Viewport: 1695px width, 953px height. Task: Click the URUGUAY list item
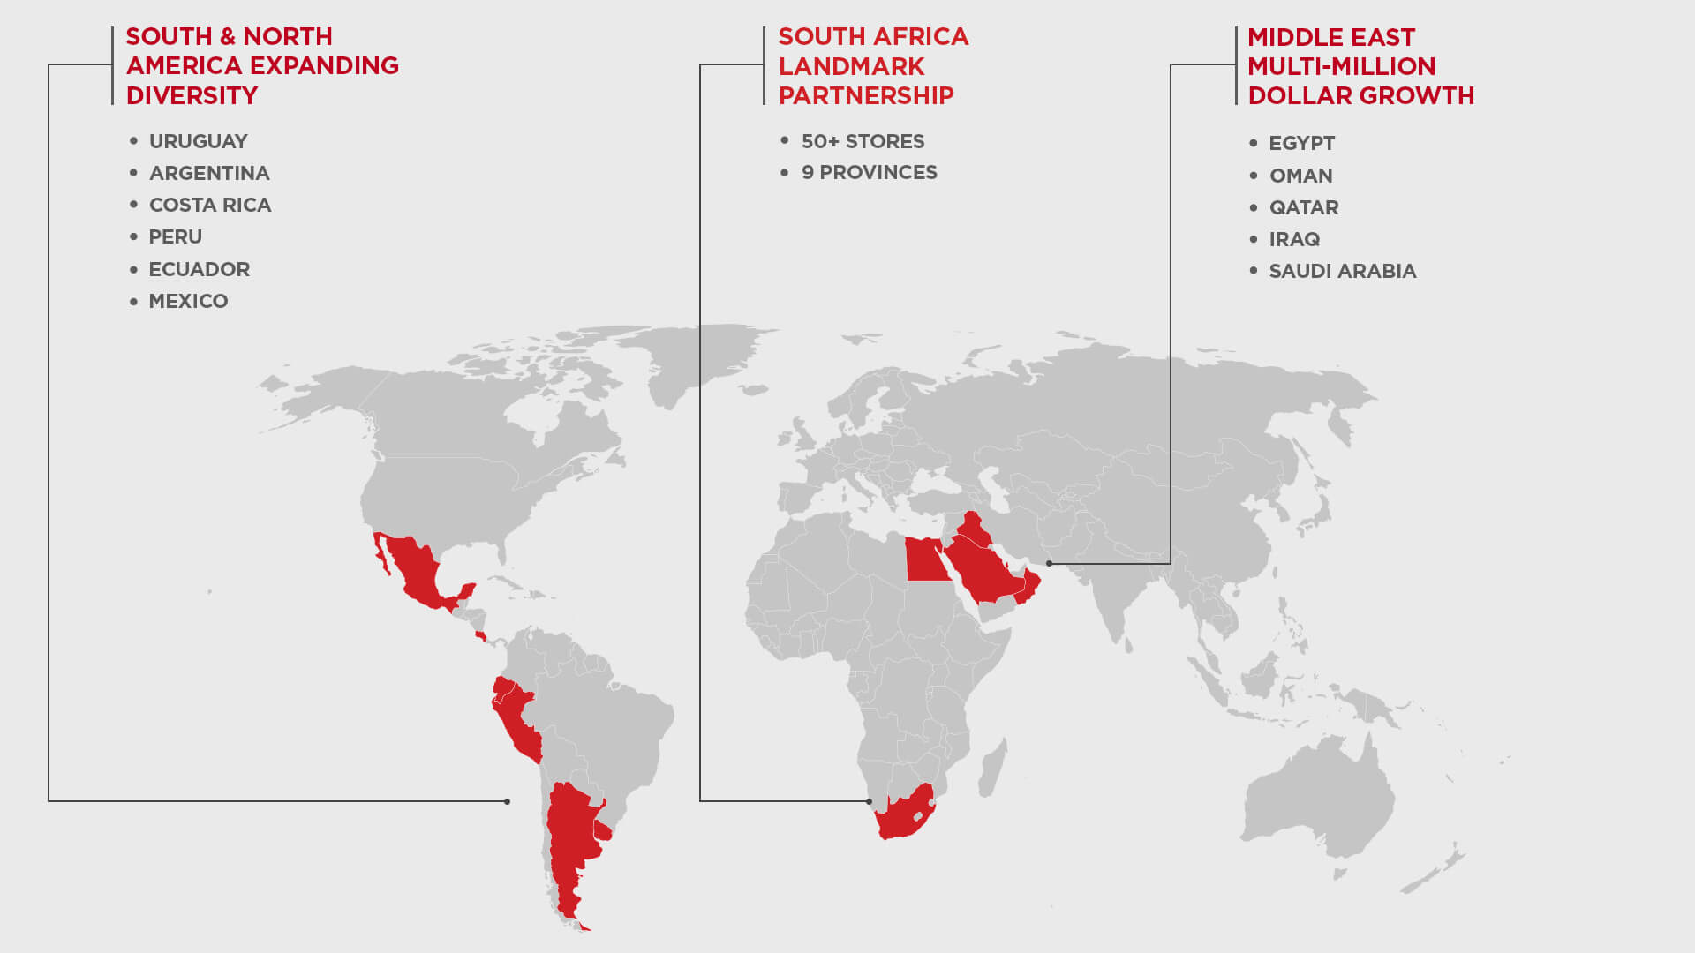[198, 141]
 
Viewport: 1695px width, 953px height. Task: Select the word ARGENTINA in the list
[209, 173]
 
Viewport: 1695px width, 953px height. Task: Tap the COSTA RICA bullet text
[210, 205]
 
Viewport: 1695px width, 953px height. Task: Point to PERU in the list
[175, 236]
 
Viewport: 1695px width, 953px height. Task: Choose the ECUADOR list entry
[199, 269]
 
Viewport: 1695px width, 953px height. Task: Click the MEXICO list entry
[188, 301]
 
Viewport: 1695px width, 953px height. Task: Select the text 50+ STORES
[863, 141]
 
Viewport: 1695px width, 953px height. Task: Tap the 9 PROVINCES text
[869, 172]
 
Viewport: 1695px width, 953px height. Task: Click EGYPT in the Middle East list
[1301, 143]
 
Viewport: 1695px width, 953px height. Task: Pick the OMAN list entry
[1300, 176]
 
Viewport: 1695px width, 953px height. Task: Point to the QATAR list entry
[1304, 207]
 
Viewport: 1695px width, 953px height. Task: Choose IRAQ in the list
[1294, 239]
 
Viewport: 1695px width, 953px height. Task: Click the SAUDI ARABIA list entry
[1342, 271]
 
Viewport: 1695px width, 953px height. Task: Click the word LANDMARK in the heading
[851, 66]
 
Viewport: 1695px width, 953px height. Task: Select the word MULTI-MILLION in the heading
[1341, 66]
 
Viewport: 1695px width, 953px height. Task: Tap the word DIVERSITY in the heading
[192, 95]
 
